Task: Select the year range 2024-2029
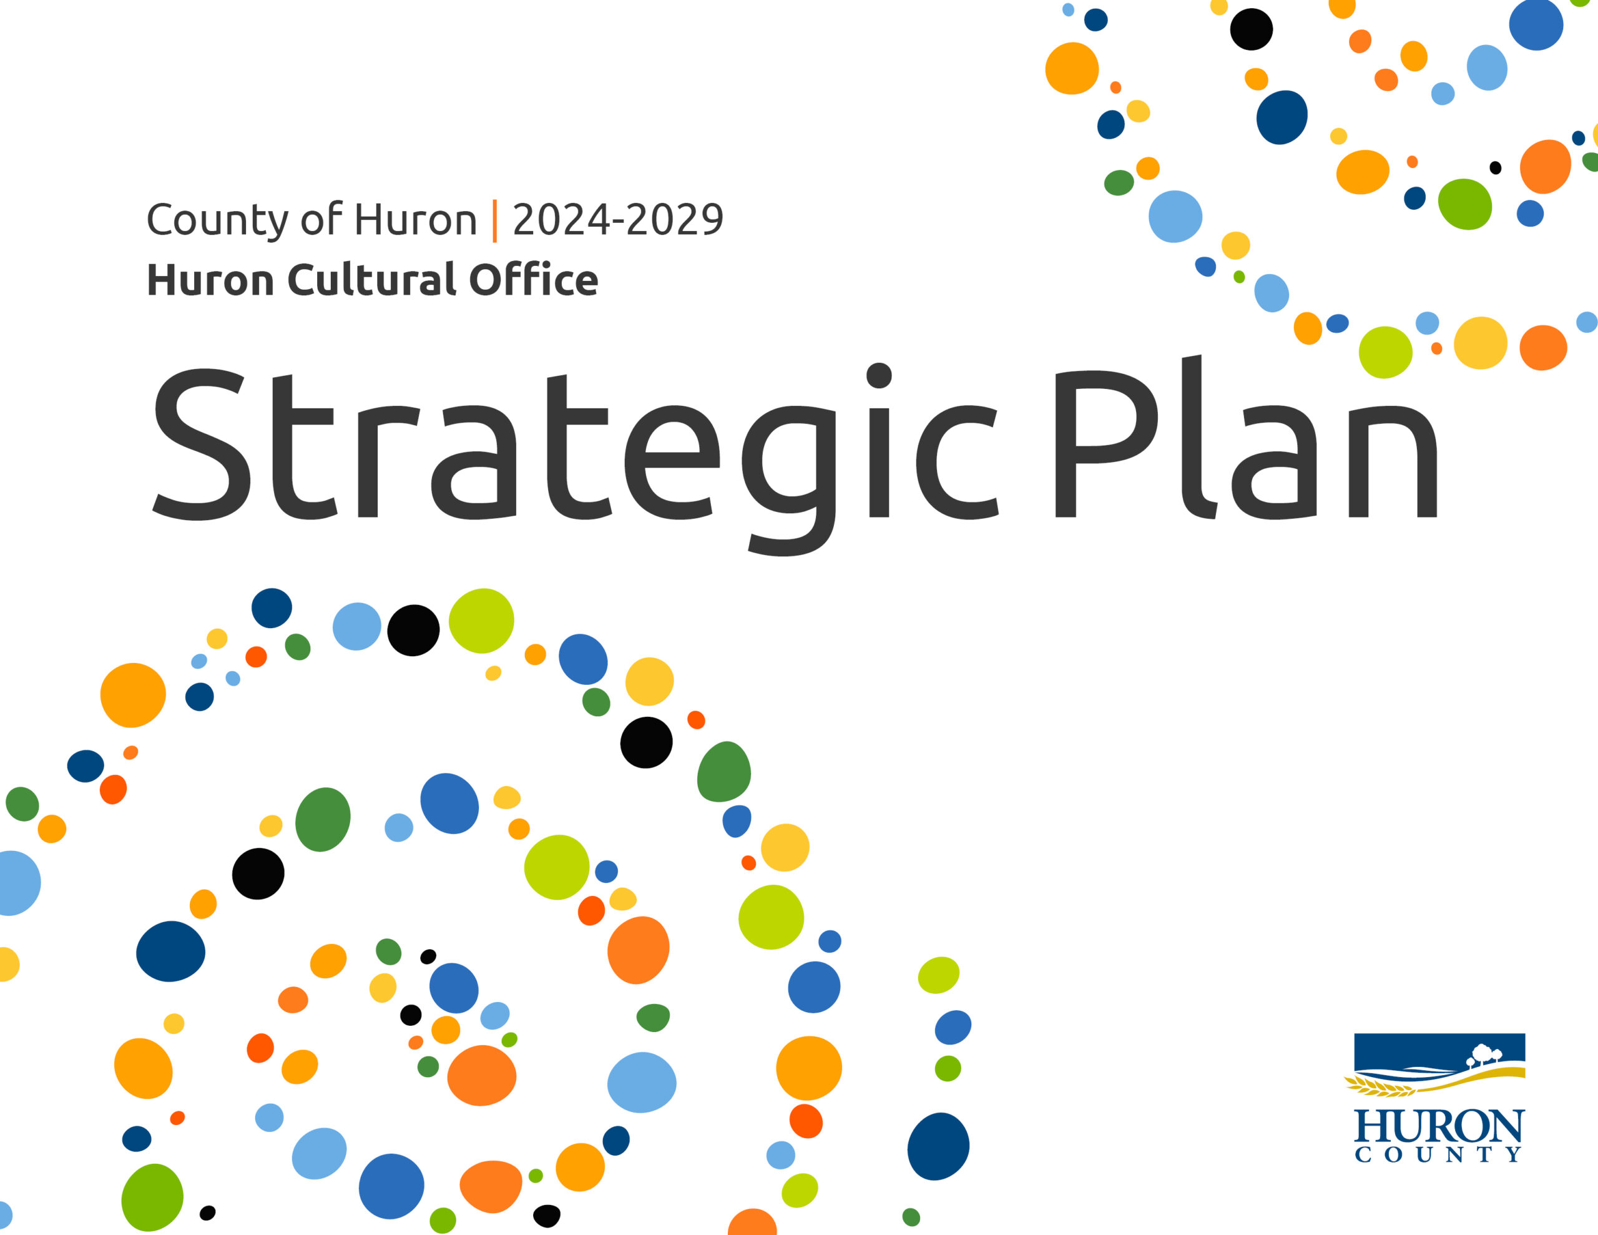click(617, 219)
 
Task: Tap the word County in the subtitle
click(192, 220)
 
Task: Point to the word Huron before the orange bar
click(416, 219)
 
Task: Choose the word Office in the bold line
click(534, 280)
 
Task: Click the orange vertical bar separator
click(494, 220)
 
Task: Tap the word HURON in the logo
click(1438, 1126)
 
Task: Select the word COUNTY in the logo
click(1438, 1154)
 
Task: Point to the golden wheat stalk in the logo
click(1380, 1088)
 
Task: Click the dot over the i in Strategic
click(879, 375)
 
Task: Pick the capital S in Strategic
click(201, 445)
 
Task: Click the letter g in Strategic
click(790, 476)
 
